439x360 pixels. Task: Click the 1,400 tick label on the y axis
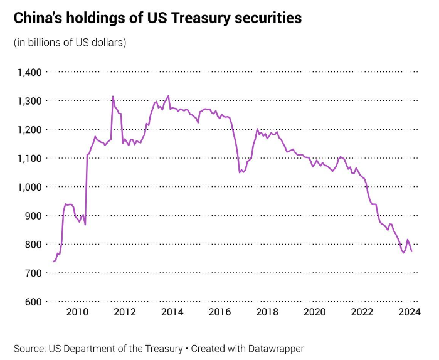coord(28,73)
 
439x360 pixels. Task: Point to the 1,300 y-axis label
coord(28,101)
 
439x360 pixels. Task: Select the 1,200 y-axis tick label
coord(28,130)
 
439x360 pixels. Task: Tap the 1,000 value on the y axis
coord(28,187)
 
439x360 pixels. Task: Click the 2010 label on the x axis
coord(77,312)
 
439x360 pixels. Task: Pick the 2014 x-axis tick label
coord(172,312)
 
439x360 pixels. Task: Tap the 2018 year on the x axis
coord(267,312)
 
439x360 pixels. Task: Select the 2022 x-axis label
coord(362,312)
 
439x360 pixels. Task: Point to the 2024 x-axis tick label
coord(410,312)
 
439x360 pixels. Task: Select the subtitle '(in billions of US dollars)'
coord(70,43)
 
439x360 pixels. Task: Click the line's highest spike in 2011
coord(113,97)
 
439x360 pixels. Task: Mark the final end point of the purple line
coord(411,251)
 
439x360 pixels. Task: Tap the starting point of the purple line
coord(53,262)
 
